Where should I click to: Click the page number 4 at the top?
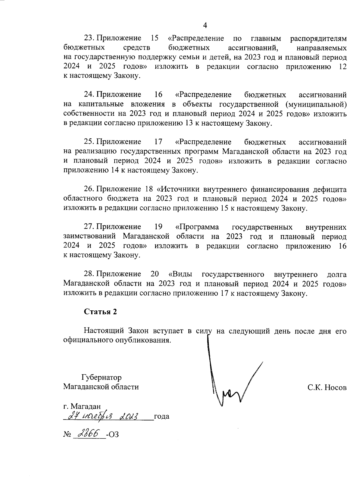coord(205,25)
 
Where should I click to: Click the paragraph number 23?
coord(89,38)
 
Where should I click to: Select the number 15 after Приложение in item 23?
coord(154,38)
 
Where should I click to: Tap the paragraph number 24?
coord(89,95)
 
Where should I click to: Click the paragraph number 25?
coord(89,142)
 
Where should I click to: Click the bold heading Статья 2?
coord(100,312)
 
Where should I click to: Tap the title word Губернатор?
coord(101,377)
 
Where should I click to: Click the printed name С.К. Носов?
coord(327,387)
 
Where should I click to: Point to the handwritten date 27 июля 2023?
coord(103,417)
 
